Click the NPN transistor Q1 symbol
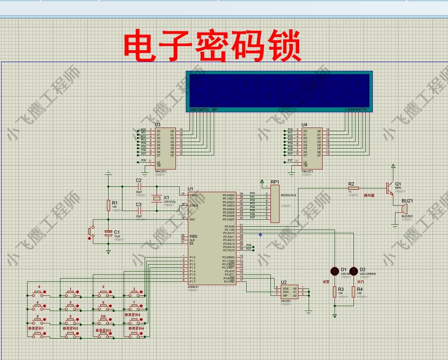[388, 188]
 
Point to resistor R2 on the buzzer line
[353, 188]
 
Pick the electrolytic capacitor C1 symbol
[108, 233]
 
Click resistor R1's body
[108, 205]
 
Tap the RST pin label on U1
[192, 219]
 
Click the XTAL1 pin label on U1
[194, 195]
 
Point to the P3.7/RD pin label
[229, 282]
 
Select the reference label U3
[157, 125]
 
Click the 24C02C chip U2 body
[289, 292]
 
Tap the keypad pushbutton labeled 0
[39, 293]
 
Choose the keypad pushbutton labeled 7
[134, 307]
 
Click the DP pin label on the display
[214, 109]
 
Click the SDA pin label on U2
[286, 292]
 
